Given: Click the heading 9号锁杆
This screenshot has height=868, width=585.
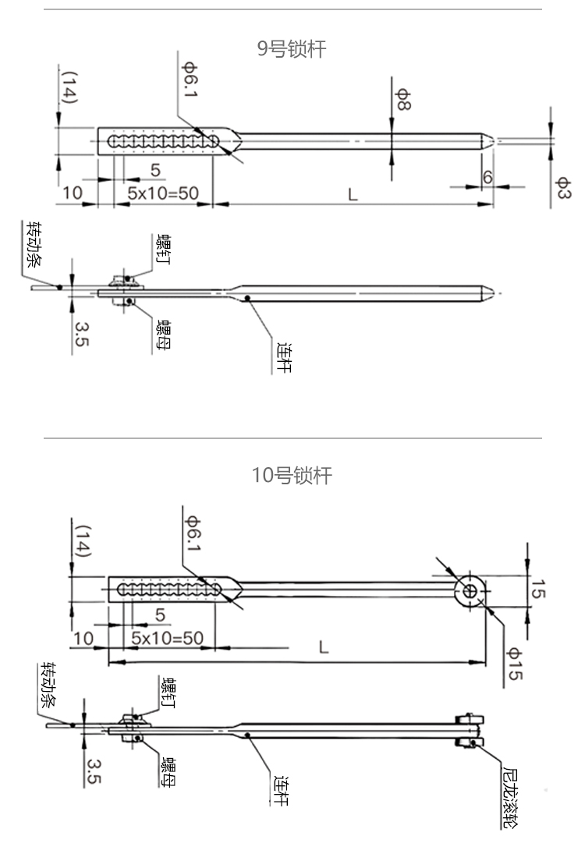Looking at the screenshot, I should tap(292, 50).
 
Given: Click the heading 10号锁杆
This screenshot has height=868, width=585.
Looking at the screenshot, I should tap(292, 475).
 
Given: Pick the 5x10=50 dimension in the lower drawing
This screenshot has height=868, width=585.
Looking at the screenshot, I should tap(167, 638).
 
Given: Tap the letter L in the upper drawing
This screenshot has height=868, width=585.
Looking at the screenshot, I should tap(353, 193).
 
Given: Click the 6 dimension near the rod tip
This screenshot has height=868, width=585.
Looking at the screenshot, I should tap(487, 177).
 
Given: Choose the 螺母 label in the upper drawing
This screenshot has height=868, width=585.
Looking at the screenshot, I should tap(164, 335).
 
